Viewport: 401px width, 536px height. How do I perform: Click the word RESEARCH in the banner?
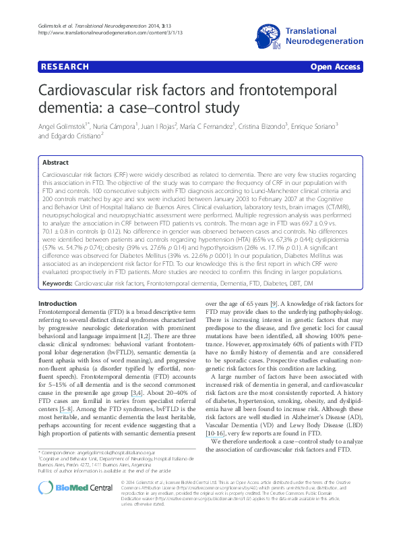click(x=65, y=67)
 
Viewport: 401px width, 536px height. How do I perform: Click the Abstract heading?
click(x=56, y=163)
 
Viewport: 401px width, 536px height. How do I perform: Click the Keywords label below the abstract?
click(x=58, y=283)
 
